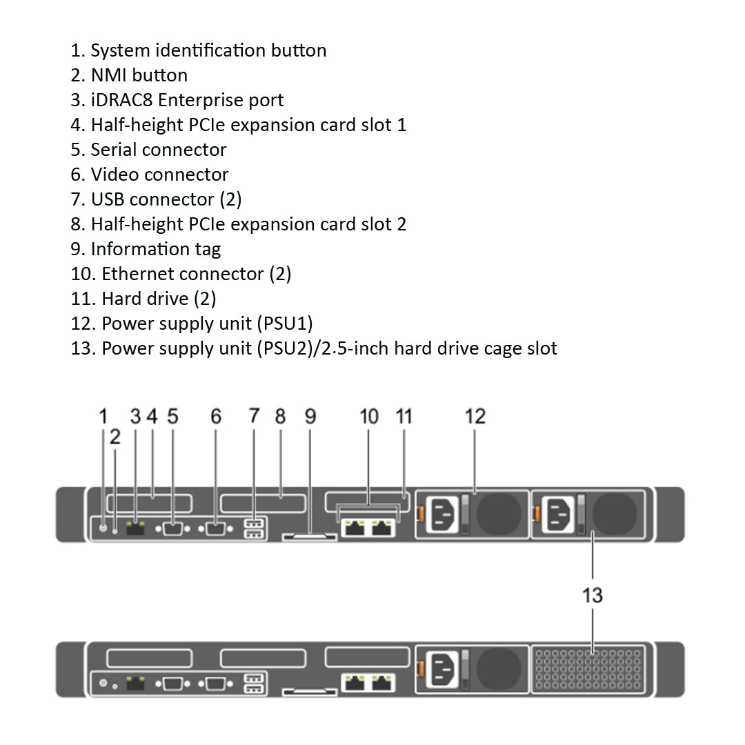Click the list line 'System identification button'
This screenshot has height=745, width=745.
(199, 50)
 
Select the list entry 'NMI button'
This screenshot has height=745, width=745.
(129, 75)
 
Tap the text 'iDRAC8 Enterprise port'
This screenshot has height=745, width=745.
(177, 100)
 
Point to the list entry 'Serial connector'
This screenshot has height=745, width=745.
(148, 150)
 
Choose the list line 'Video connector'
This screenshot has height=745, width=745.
(150, 175)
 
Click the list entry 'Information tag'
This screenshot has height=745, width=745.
(146, 249)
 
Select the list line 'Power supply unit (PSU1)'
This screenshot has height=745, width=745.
(192, 324)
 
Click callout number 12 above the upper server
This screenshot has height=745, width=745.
(475, 417)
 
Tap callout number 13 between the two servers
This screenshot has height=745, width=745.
(593, 595)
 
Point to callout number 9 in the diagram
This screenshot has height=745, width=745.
(310, 417)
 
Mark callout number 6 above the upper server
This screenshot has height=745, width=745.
(216, 417)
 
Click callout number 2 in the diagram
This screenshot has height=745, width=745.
(115, 437)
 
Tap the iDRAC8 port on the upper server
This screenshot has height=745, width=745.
(136, 529)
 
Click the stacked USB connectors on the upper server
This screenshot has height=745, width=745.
(255, 528)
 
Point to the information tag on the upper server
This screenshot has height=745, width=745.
(309, 535)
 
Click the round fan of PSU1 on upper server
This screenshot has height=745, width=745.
(499, 514)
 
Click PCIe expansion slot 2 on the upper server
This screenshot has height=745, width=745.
(262, 503)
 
